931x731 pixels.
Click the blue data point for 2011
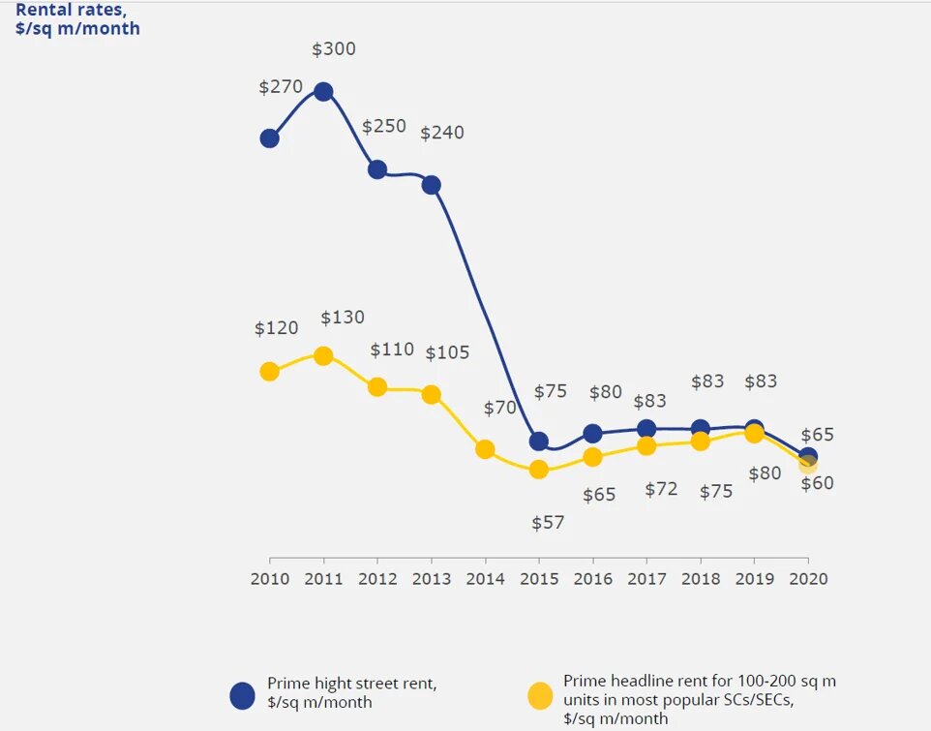pos(323,92)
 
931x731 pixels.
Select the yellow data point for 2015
pos(539,470)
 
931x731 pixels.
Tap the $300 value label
pos(334,49)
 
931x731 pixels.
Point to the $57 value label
pos(549,523)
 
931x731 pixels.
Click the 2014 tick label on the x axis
pos(486,578)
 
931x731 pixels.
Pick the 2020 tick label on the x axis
pos(808,578)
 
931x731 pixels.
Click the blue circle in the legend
pos(242,694)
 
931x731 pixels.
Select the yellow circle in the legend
pos(540,694)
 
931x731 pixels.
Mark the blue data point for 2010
pos(270,138)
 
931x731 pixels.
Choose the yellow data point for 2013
pos(432,394)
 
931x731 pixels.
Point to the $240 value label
pos(442,133)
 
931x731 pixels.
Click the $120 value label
pos(277,328)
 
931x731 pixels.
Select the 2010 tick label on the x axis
pos(270,578)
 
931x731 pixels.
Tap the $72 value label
pos(662,490)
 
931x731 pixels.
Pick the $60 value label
pos(818,483)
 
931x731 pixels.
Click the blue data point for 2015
pos(539,442)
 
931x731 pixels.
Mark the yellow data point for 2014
pos(486,449)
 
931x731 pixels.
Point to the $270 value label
pos(281,86)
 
